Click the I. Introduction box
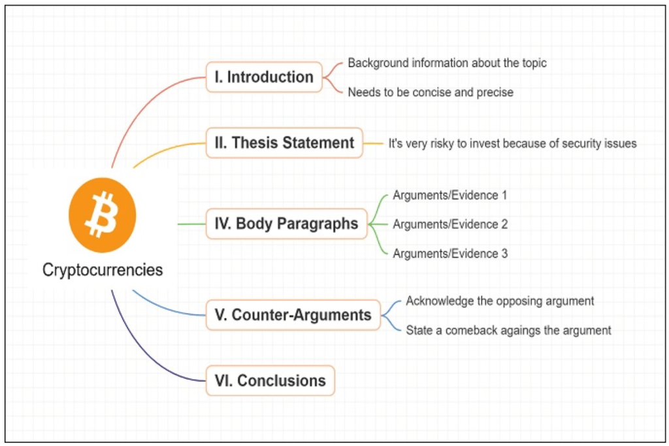(264, 77)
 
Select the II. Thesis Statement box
(284, 143)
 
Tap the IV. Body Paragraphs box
(286, 224)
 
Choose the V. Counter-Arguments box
(293, 315)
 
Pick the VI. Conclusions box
(270, 381)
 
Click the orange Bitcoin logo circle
(103, 215)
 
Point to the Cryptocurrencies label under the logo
(103, 269)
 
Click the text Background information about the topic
(447, 63)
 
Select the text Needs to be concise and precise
(430, 92)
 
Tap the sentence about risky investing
(512, 143)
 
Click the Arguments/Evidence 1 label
(450, 195)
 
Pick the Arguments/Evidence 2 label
(450, 224)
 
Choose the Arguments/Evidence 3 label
(450, 253)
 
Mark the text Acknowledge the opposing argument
(500, 301)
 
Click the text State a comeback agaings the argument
(508, 330)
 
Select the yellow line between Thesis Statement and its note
(373, 143)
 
